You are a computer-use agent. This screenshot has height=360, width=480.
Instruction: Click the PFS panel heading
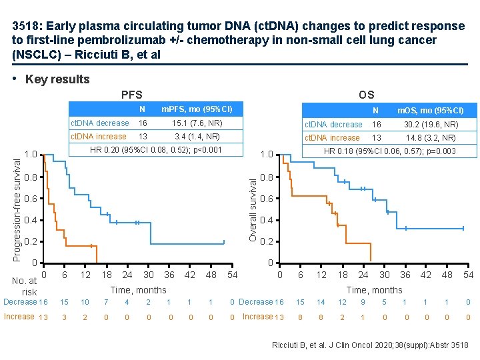[131, 95]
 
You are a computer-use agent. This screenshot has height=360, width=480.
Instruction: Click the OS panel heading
[366, 95]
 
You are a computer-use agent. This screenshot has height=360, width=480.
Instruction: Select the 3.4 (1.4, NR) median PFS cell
[197, 137]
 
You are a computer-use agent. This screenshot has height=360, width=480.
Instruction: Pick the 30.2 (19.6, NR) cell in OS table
[431, 125]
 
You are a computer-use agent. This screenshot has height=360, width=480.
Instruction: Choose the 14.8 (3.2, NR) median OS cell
[431, 138]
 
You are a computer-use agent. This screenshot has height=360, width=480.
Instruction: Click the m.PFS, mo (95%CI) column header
[197, 109]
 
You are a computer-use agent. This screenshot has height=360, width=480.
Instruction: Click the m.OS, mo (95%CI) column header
[430, 110]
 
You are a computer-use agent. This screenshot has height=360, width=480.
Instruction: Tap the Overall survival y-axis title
[253, 207]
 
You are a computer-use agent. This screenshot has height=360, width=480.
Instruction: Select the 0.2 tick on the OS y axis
[266, 241]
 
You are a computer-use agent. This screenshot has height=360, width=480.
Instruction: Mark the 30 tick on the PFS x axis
[148, 275]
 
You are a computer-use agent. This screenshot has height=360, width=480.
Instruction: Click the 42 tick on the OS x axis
[426, 275]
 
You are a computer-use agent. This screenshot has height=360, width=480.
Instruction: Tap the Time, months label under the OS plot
[374, 289]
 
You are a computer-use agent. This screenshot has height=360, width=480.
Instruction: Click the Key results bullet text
[57, 79]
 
